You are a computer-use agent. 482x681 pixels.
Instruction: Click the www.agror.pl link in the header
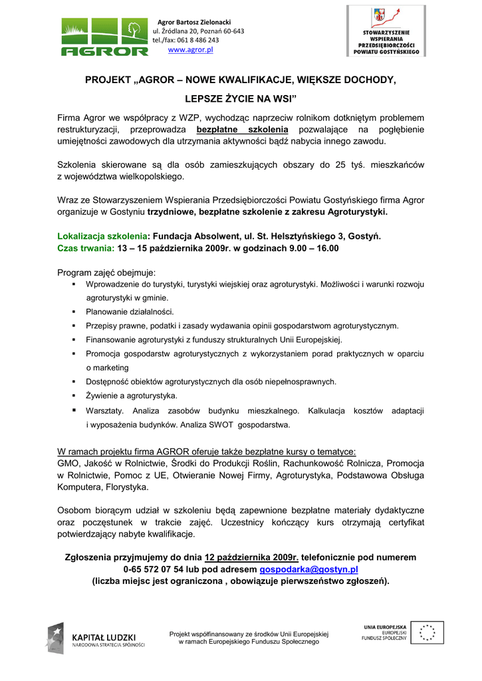coord(190,50)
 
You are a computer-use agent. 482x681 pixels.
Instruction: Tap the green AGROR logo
coord(105,38)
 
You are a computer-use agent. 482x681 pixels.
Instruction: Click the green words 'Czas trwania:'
coord(86,248)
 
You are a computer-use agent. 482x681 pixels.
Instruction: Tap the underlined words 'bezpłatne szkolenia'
coord(243,130)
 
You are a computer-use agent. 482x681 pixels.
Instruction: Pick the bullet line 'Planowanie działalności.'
coord(130,311)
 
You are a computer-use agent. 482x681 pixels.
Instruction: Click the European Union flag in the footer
coord(422,632)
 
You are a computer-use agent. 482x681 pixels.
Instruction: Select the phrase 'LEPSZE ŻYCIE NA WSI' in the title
coord(240,99)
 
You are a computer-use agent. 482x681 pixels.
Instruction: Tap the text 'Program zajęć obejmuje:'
coord(106,273)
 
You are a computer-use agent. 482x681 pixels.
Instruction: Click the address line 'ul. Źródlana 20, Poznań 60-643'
coord(198,31)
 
